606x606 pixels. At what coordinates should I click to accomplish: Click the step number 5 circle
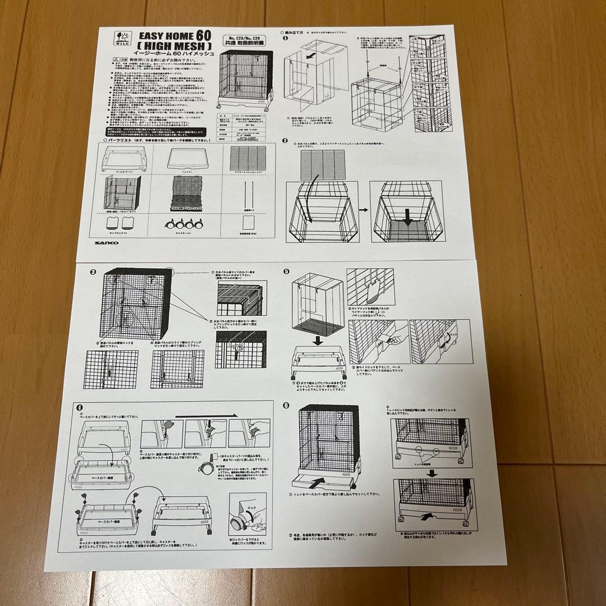(286, 272)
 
